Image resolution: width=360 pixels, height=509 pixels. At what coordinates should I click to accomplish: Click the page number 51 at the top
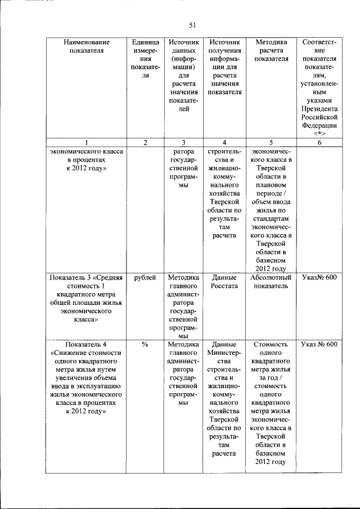click(191, 25)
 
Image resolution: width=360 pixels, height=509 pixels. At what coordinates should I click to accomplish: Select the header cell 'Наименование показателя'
click(86, 47)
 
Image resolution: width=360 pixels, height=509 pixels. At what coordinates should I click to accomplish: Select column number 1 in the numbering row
click(86, 143)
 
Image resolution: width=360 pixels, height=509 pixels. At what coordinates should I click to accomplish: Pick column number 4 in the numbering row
click(224, 143)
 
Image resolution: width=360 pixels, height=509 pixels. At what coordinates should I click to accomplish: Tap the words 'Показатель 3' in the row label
click(71, 277)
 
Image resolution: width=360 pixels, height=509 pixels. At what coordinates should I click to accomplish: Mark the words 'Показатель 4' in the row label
click(85, 344)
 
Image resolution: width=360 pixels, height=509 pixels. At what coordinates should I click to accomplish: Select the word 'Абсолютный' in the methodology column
click(271, 277)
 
